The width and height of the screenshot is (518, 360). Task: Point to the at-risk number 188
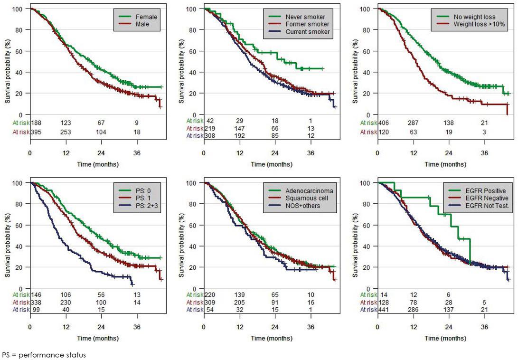pyautogui.click(x=36, y=123)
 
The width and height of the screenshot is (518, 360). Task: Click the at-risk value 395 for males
pyautogui.click(x=36, y=131)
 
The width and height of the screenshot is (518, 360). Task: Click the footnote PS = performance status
pyautogui.click(x=44, y=354)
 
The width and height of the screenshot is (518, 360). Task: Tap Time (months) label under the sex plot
pyautogui.click(x=98, y=164)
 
